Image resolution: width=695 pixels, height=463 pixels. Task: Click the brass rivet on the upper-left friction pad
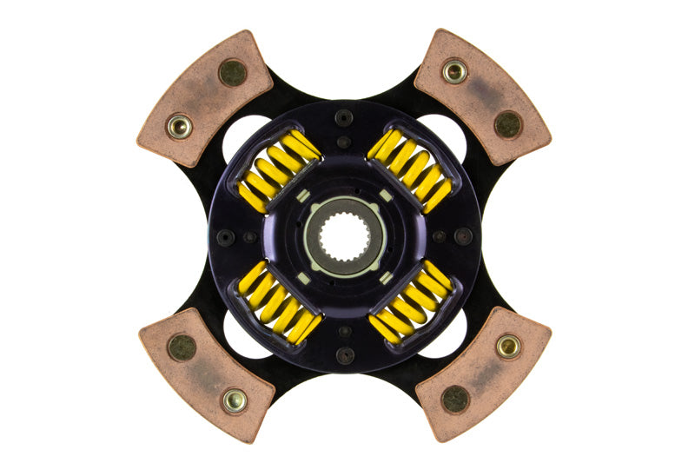click(180, 127)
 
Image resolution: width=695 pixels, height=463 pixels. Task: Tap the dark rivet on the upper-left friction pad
click(232, 73)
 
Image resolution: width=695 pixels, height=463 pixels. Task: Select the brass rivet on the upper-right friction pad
click(454, 71)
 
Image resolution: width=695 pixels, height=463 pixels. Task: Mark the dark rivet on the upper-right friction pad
click(507, 123)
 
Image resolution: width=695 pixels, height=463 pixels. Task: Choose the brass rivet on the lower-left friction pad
click(234, 400)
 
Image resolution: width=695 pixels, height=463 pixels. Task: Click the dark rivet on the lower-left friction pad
click(182, 347)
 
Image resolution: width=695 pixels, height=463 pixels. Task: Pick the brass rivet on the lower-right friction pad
click(508, 347)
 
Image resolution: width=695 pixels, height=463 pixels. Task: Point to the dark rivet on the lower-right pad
click(455, 399)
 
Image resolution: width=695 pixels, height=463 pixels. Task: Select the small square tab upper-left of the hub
click(303, 195)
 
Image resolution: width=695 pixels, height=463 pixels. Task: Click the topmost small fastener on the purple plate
click(345, 117)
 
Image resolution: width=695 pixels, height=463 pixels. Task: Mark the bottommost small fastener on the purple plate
click(345, 354)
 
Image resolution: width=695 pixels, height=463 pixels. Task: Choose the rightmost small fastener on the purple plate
click(463, 235)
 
